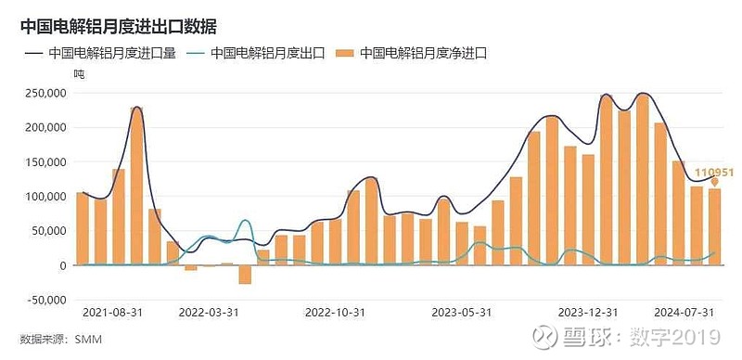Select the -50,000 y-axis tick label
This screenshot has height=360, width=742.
(x=43, y=300)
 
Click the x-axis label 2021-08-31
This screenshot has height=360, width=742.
(x=110, y=313)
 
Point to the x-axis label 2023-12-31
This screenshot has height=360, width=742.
(x=585, y=313)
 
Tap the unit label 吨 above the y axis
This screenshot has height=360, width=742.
(x=79, y=72)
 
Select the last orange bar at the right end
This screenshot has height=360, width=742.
(x=714, y=227)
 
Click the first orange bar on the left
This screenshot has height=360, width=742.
(x=83, y=228)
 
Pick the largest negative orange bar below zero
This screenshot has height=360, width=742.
(x=245, y=274)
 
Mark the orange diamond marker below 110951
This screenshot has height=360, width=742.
(x=714, y=182)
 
